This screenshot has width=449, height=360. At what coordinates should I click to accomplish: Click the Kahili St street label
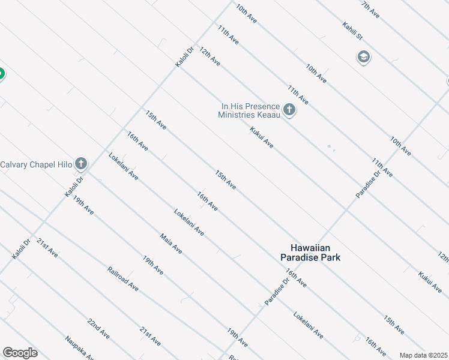coord(352,31)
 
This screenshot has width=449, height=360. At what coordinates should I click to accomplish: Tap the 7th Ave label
coord(370,8)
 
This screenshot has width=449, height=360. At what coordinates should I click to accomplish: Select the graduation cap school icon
coord(363,58)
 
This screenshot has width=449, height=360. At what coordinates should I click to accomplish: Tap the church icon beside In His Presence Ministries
coord(289,110)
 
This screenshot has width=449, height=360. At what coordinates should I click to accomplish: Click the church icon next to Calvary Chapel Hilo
coord(81,164)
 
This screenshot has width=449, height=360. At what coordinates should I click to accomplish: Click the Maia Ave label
coord(171,243)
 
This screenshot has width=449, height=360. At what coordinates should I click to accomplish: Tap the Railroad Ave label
coord(123,279)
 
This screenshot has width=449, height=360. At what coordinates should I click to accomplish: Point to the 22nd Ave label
coord(98,328)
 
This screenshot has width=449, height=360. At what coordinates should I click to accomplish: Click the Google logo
coord(20,352)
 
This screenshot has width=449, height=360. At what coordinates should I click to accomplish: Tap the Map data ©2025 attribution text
coord(423,355)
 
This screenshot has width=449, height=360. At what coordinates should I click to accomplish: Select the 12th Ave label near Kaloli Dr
coord(210,58)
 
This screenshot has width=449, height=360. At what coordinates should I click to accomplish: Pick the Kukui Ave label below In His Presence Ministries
coord(262,137)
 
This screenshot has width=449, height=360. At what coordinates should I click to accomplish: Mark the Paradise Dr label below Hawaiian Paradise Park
coord(277,291)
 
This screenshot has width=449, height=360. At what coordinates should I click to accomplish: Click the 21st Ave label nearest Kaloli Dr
coord(47,247)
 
